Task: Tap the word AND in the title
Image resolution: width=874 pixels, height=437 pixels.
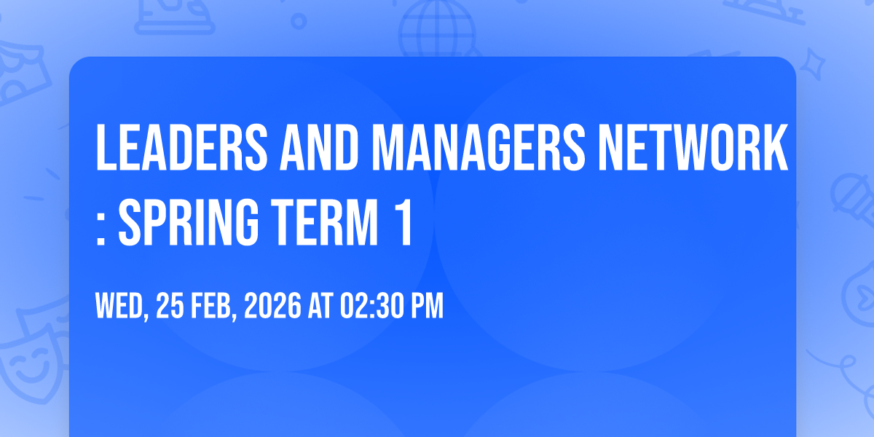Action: (x=319, y=147)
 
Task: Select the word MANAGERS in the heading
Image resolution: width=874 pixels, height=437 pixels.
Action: (x=479, y=147)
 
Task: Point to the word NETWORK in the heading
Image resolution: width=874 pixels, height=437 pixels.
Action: (x=693, y=147)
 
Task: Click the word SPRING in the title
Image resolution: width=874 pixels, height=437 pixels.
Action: (x=189, y=222)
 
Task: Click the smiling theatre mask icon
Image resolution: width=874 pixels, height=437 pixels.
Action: (x=31, y=367)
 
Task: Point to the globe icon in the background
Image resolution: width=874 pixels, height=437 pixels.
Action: (x=437, y=28)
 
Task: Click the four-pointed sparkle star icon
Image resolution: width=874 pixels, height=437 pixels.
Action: (x=812, y=64)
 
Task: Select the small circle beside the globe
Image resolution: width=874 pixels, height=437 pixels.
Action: (x=299, y=21)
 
